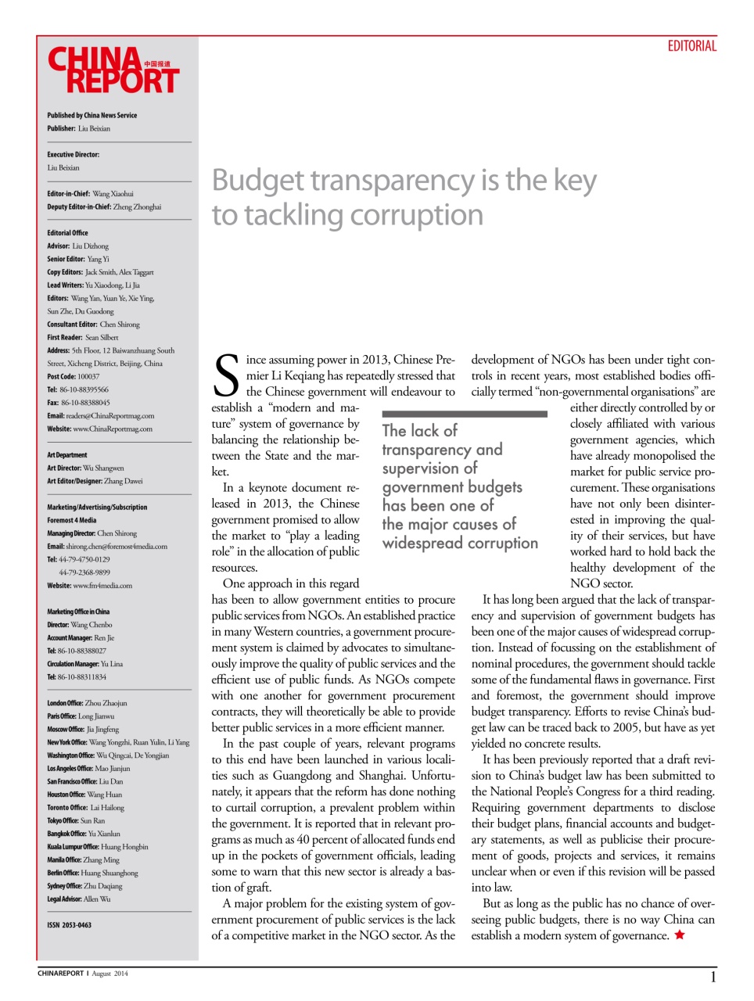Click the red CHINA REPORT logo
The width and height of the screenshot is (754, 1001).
coord(113,70)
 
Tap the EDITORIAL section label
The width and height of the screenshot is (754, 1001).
coord(691,46)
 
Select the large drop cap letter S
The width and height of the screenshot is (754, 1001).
coord(226,376)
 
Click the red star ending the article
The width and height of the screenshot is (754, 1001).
coord(680,935)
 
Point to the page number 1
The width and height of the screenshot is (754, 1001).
coord(713,977)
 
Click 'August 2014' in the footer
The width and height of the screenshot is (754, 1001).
coord(110,974)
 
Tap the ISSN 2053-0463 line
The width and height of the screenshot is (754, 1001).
coord(69,925)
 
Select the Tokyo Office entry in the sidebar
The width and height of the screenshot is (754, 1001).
coord(76,820)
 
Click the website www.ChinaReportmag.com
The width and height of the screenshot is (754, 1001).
coord(113,429)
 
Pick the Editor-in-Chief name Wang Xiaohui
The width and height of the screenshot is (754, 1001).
coord(113,193)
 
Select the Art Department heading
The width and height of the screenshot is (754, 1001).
coord(67,454)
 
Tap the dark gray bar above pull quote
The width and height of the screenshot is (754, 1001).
coord(464,414)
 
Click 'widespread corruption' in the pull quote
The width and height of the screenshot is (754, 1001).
coord(460,543)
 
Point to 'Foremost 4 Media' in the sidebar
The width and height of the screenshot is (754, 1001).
coord(72,520)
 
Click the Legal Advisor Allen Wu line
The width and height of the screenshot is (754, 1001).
coord(78,899)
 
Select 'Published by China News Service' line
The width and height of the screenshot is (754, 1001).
coord(92,115)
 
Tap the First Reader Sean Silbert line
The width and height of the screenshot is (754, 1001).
coord(83,337)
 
